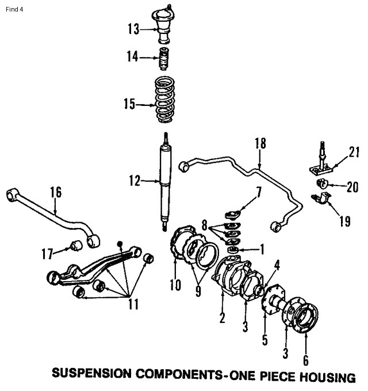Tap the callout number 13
tap(133, 28)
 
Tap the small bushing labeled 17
tap(73, 247)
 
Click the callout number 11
tap(133, 304)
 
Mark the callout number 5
tap(265, 339)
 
